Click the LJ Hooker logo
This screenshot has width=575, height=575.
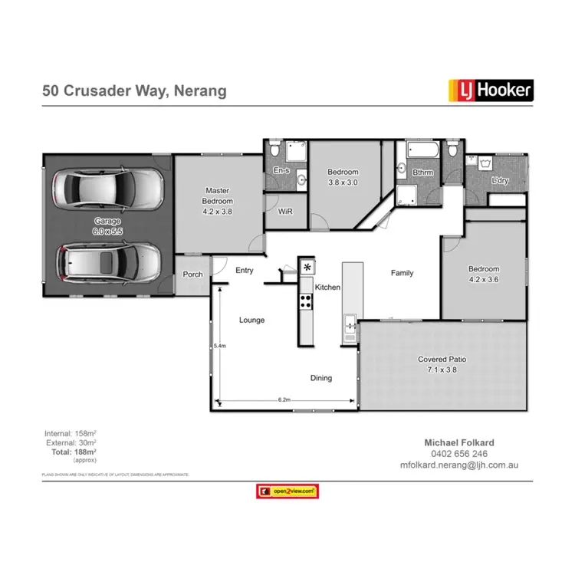(490, 91)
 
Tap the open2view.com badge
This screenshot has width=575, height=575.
(287, 491)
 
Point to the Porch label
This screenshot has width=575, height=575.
(192, 275)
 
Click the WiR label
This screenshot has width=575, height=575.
(285, 211)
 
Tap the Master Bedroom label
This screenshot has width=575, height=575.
(217, 195)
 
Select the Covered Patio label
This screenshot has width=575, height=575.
(442, 363)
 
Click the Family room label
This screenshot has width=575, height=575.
(402, 273)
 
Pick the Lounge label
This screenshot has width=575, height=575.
(251, 320)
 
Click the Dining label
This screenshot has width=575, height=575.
(321, 377)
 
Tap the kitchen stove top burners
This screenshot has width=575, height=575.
(306, 301)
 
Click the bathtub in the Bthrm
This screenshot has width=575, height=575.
(419, 149)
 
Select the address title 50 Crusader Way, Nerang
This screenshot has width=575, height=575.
(134, 91)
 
